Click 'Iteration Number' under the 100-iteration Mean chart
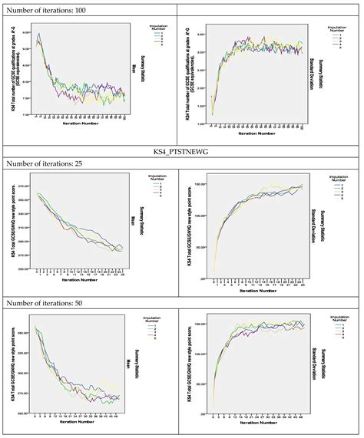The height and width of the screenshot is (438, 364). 84,132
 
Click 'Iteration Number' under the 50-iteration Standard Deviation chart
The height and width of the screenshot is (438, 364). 261,429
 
